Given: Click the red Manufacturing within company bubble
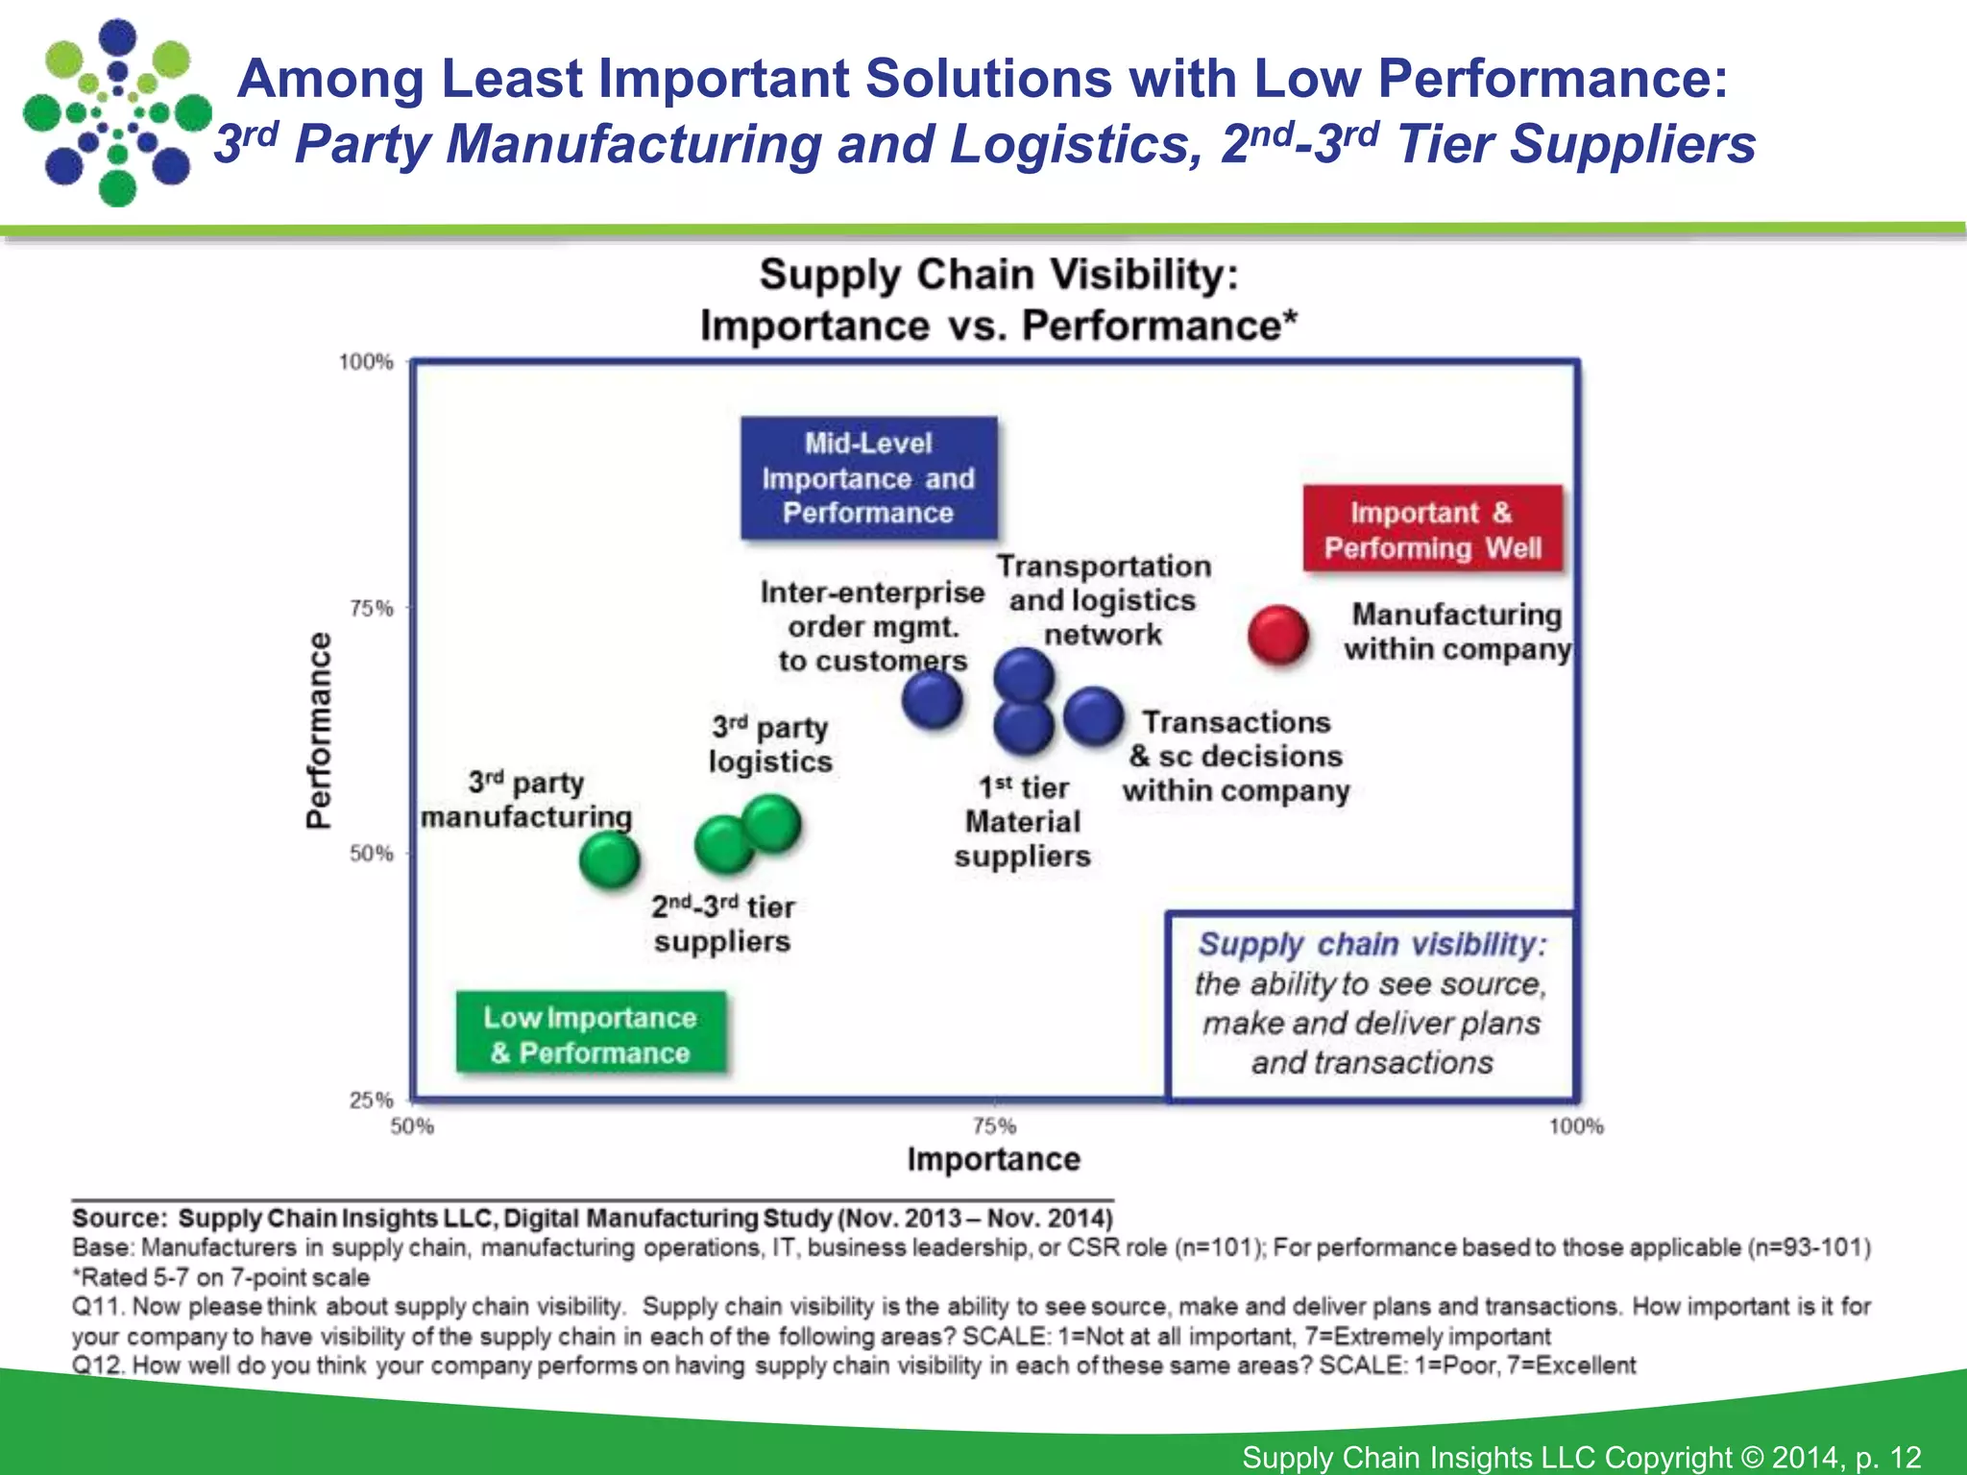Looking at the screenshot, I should point(1277,635).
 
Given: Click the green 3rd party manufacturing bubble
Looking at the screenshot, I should point(609,858).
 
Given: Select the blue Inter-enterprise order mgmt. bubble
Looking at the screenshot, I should point(932,698).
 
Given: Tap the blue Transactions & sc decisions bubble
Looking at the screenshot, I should point(1094,715).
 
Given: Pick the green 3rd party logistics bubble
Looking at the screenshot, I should point(772,823).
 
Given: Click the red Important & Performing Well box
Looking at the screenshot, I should point(1432,529).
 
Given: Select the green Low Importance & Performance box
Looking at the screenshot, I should point(590,1034).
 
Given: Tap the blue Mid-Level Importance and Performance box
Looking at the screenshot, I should point(868,478).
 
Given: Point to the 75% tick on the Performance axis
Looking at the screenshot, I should point(371,608).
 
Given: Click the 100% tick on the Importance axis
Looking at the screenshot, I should point(1575,1125).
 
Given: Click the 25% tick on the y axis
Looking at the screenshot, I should point(371,1100).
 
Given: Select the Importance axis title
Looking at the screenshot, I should point(993,1159).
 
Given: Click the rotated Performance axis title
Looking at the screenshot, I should point(318,730).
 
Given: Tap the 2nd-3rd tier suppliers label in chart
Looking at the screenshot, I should point(722,924).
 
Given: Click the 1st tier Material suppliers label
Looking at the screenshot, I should point(1022,822).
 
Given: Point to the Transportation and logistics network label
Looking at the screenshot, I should point(1103,600).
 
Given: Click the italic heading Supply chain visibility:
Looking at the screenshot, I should point(1372,945).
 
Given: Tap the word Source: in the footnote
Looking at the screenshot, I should point(119,1218).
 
